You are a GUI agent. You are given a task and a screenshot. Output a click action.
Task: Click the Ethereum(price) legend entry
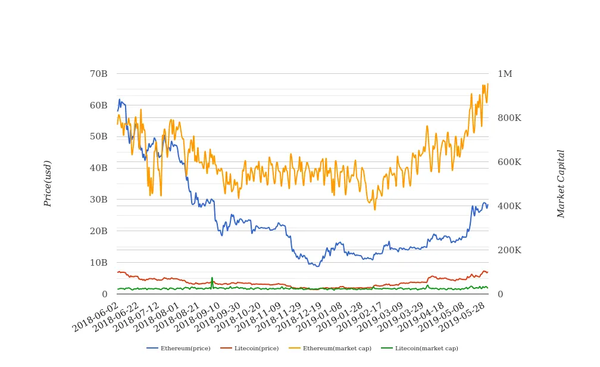179,349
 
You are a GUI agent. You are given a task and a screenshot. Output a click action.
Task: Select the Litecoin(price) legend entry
249,349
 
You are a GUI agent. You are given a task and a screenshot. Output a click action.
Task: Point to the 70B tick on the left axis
98,74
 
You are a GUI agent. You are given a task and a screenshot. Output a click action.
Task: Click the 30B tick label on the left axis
98,200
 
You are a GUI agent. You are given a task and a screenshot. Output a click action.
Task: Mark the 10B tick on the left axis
98,263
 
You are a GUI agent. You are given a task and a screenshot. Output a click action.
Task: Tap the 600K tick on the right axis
509,162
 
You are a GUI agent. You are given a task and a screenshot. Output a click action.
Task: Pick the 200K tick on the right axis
509,250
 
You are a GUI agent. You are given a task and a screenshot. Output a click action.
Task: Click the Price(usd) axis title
48,183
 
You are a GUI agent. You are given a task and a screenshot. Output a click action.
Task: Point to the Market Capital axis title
561,183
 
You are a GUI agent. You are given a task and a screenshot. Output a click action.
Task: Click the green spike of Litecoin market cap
212,278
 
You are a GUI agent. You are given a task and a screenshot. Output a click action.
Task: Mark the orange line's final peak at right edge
487,84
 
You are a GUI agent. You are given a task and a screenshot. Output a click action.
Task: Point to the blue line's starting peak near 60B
119,99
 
